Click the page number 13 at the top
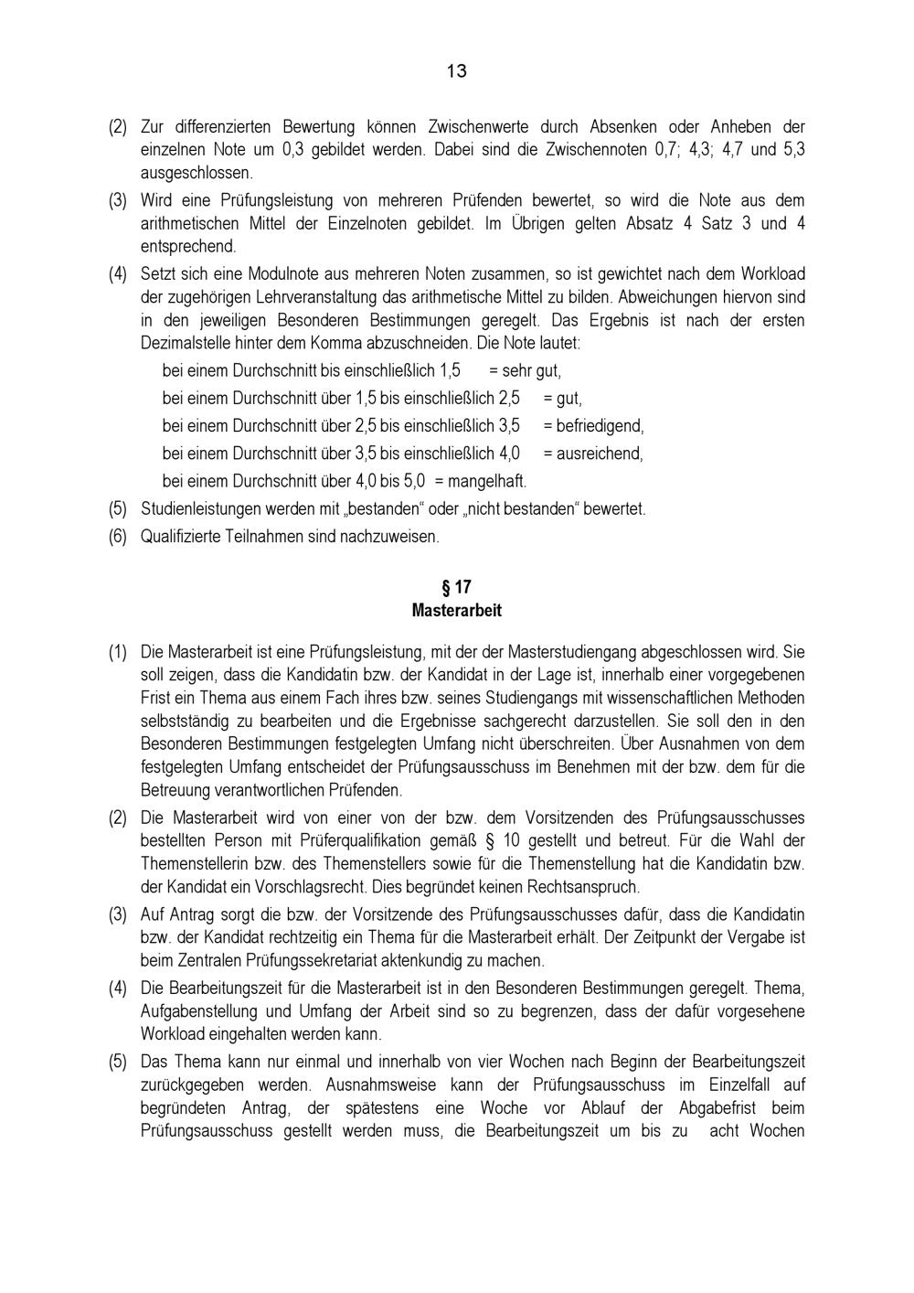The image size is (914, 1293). (456, 71)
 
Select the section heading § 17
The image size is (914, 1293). (456, 587)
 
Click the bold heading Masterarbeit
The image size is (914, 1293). (456, 610)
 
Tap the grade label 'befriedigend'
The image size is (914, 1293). (600, 426)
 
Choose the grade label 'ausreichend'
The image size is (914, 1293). (600, 454)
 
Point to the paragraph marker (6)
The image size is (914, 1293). (118, 537)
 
